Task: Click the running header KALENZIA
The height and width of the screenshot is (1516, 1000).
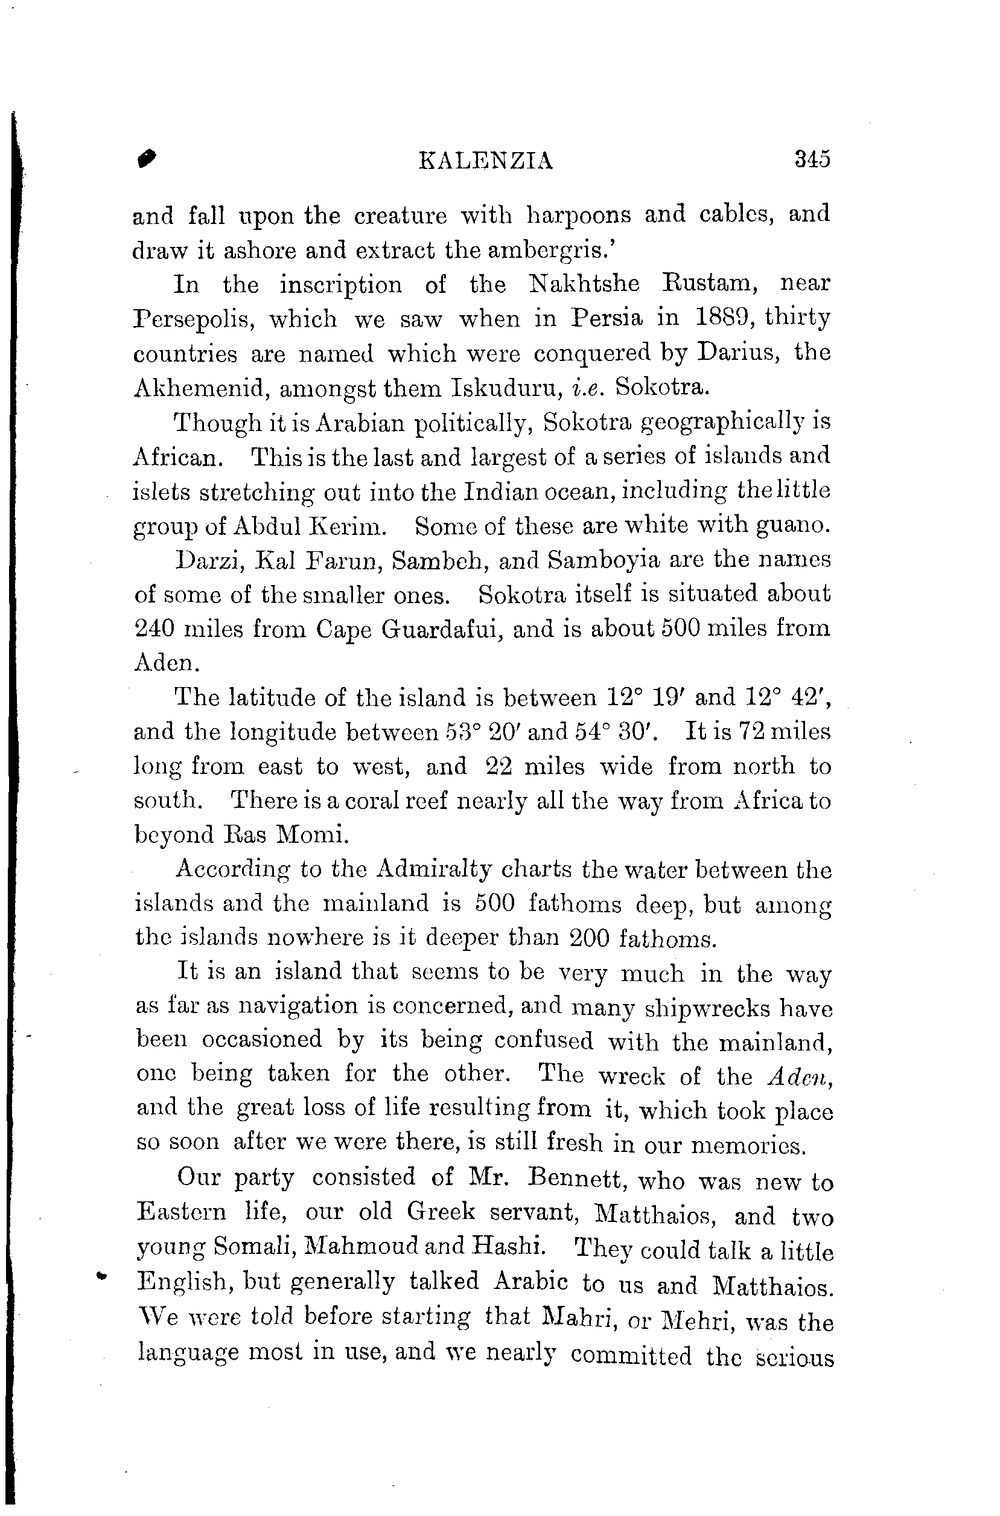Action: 485,161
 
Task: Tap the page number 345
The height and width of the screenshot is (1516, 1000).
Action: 812,158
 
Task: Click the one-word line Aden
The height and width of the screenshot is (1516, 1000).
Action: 167,664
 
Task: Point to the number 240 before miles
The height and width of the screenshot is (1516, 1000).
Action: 153,629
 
